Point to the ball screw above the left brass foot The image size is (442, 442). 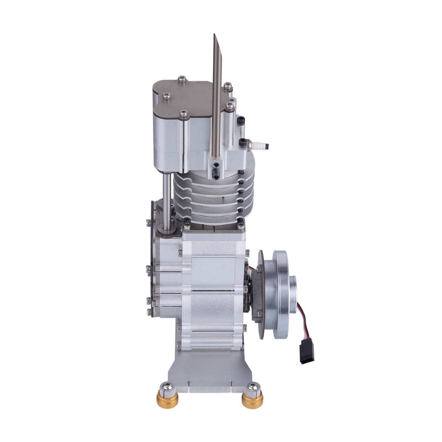[168, 386]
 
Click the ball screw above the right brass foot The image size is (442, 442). [253, 388]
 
